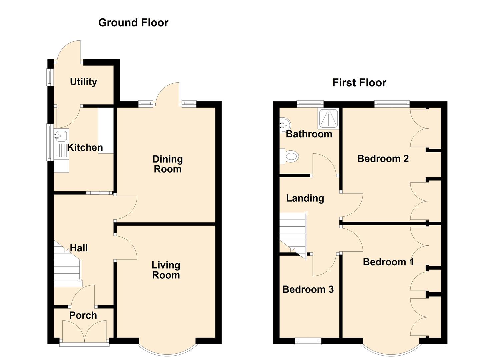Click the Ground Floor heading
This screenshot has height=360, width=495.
coord(133,23)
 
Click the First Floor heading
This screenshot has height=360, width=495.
coord(359,83)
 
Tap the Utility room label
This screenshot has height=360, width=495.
coord(83,82)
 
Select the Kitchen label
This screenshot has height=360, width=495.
coord(85,147)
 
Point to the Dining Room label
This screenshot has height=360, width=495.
coord(167,164)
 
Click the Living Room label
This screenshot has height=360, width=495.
coord(166,270)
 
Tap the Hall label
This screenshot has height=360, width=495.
coord(79,248)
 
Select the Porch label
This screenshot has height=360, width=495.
coord(83,315)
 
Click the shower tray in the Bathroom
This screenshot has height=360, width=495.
coord(328,119)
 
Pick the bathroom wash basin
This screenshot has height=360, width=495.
coord(285,124)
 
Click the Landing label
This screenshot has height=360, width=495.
coord(305,198)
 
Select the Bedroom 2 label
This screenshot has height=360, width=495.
coord(383,158)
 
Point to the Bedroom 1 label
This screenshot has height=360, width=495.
coord(388,262)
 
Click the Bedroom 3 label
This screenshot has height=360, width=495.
coord(308,289)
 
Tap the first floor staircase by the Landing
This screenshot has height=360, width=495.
coord(292,233)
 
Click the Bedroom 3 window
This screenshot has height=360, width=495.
coord(308,341)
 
